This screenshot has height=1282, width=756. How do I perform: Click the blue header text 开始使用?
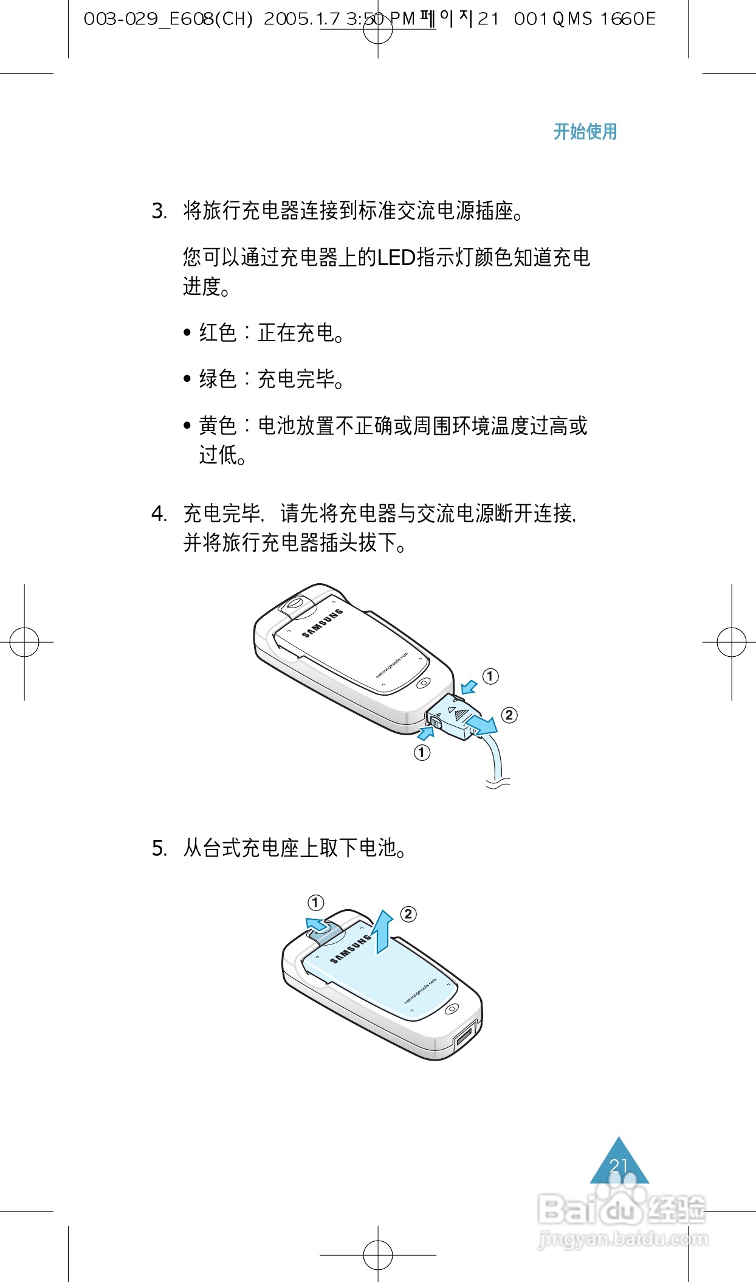click(585, 131)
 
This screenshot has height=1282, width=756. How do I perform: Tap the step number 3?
click(158, 212)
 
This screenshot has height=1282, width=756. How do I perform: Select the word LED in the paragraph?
click(396, 258)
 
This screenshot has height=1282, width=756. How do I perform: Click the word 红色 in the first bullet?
click(218, 333)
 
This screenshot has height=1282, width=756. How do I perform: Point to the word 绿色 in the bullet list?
click(218, 379)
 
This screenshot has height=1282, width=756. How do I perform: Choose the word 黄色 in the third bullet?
click(218, 426)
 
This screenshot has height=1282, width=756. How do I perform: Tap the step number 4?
click(158, 515)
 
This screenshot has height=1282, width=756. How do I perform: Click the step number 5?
click(158, 848)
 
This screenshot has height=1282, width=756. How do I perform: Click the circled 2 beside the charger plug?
click(509, 715)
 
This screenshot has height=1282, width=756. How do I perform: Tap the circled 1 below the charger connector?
click(422, 753)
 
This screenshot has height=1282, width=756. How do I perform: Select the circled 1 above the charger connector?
click(490, 676)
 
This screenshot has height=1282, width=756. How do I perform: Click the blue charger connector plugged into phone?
click(455, 716)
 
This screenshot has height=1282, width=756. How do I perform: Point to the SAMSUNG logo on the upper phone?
click(323, 623)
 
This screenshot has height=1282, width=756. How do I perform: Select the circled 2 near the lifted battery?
click(408, 914)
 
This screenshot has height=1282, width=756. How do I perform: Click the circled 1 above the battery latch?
click(315, 903)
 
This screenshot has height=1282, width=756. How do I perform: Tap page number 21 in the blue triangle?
click(619, 1166)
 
